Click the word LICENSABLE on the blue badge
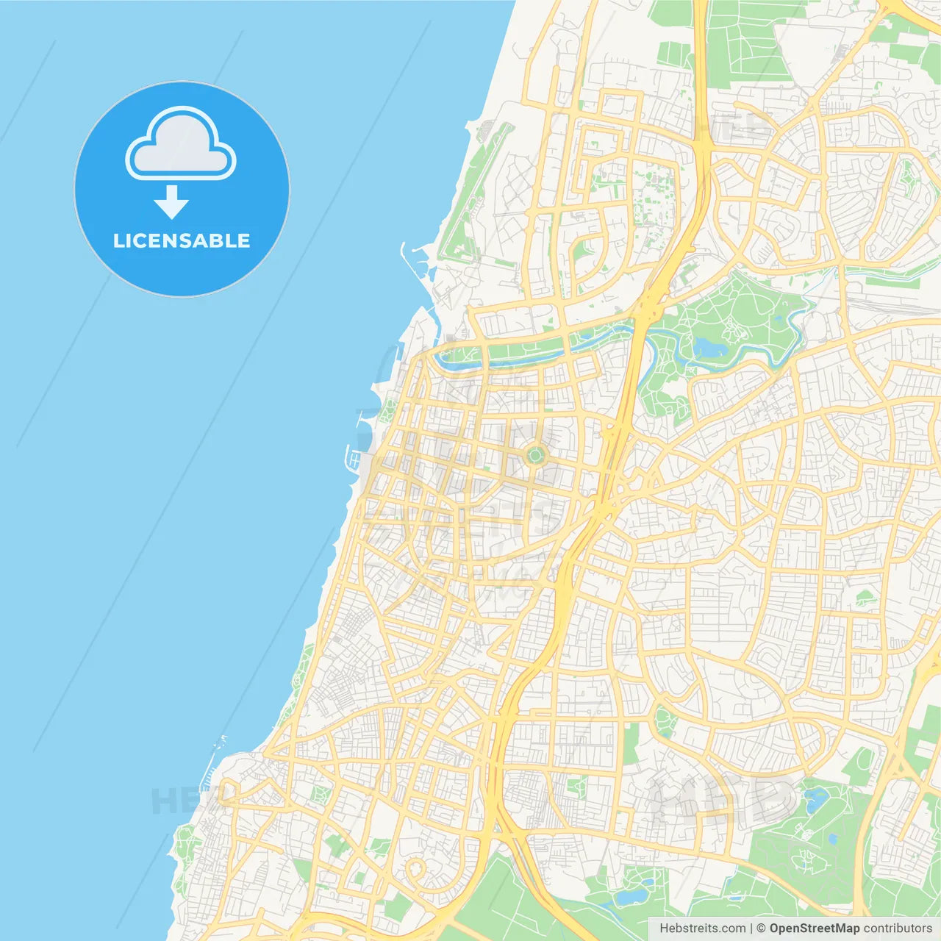click(182, 240)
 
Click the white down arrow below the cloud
click(172, 202)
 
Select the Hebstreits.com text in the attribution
click(702, 929)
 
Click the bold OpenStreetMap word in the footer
click(814, 929)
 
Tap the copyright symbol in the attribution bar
click(761, 929)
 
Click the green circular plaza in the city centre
click(535, 456)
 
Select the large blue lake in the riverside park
click(707, 346)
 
